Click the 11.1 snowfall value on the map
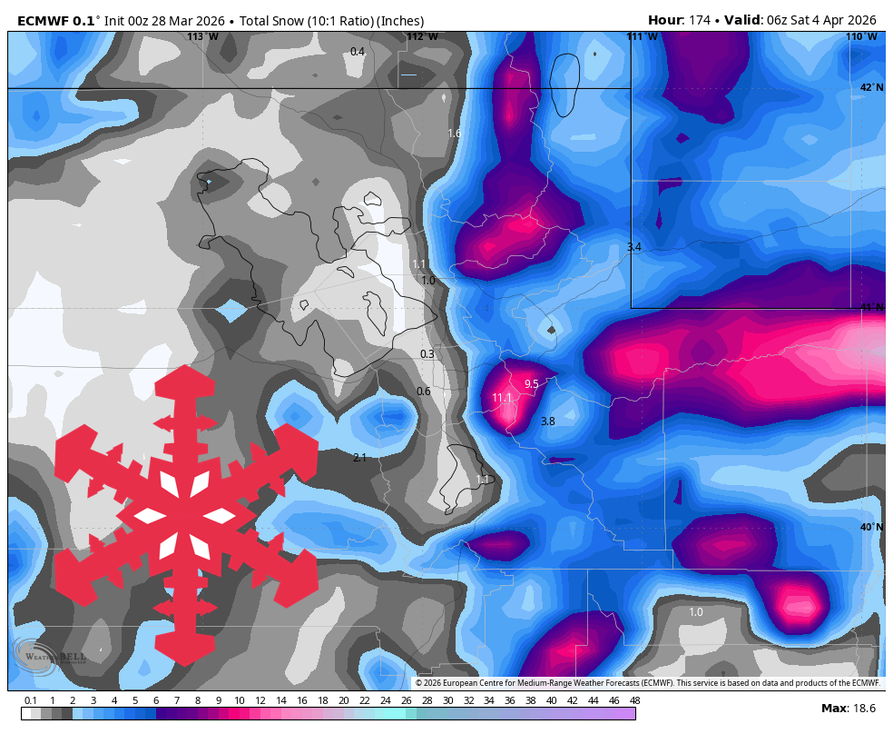tap(502, 398)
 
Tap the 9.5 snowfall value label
tap(531, 384)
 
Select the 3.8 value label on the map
tap(547, 422)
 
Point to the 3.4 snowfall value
tap(634, 247)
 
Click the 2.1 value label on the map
tap(359, 458)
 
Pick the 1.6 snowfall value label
tap(454, 134)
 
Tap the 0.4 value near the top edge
tap(358, 52)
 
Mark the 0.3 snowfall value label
tap(427, 354)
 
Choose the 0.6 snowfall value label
tap(424, 392)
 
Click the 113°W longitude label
tap(202, 37)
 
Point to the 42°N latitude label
tap(871, 88)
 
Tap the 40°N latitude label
tap(871, 528)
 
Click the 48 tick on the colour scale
tap(634, 700)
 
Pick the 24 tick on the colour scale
tap(385, 700)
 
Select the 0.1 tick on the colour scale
tap(31, 700)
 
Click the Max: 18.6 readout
tap(849, 708)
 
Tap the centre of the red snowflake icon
tap(186, 516)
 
